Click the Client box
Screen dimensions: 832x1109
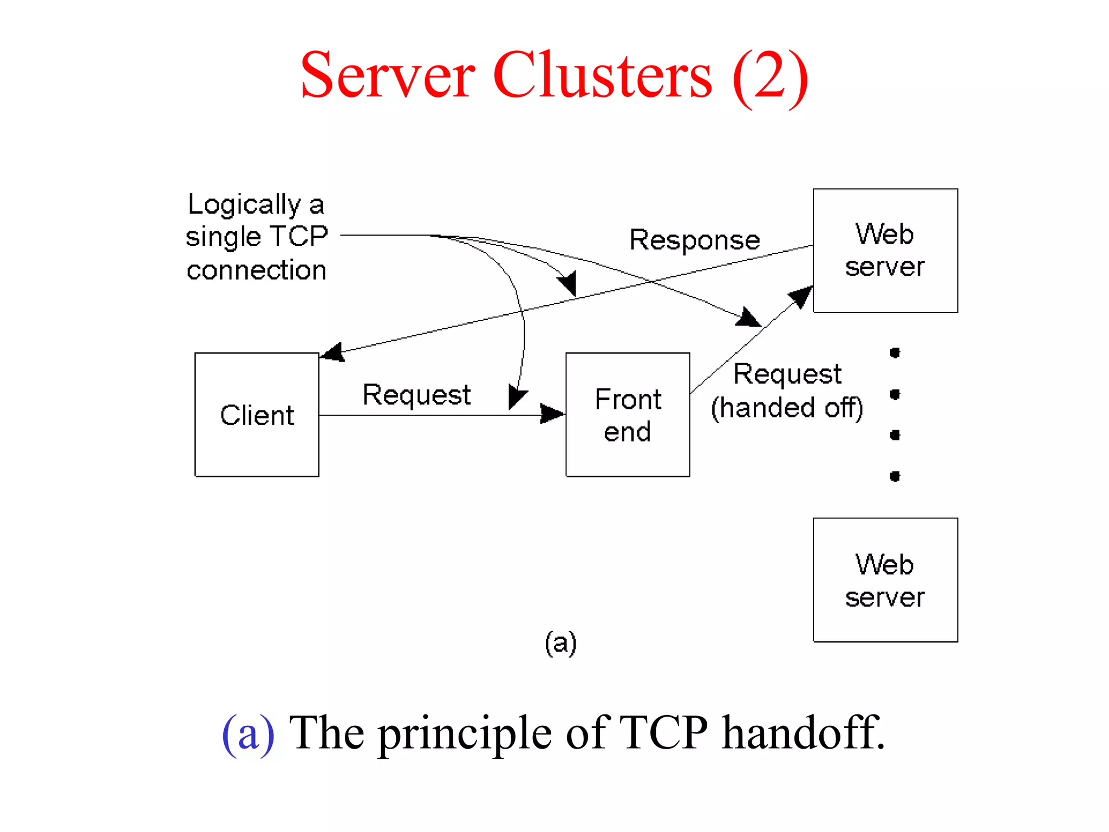pos(257,415)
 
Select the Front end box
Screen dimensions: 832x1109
pos(628,415)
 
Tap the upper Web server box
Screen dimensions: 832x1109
pos(885,250)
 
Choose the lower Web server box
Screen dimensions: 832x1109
pos(885,580)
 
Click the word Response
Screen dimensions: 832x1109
pos(695,240)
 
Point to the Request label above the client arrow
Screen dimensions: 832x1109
pos(416,394)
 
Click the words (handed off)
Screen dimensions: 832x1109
pos(787,408)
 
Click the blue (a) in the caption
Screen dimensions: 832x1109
pos(249,733)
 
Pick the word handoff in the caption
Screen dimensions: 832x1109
pos(803,732)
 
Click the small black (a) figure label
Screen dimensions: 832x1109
pos(560,643)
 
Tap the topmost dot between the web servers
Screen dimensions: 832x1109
pos(895,353)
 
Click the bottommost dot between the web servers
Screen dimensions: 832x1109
pos(895,476)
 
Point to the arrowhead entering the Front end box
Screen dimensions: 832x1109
pos(552,414)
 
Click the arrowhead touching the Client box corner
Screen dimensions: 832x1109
pos(332,352)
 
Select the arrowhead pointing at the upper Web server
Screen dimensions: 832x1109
pos(801,296)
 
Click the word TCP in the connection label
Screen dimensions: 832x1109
pos(299,236)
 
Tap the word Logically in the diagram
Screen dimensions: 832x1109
pos(244,205)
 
